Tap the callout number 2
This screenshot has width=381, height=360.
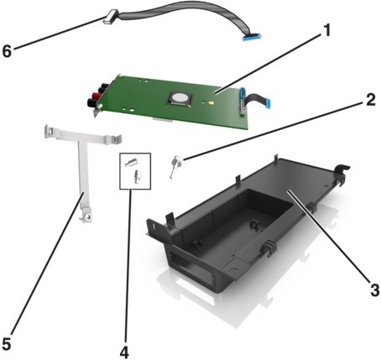tap(370, 100)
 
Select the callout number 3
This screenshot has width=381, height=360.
tap(374, 290)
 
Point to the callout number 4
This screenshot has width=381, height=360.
tap(124, 352)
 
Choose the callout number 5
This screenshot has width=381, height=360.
tap(6, 344)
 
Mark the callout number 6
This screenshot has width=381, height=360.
tap(8, 51)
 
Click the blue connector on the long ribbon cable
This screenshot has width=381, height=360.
tap(251, 37)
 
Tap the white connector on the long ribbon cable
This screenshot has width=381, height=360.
tap(111, 17)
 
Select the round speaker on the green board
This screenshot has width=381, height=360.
tap(180, 98)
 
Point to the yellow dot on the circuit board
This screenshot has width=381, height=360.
tap(211, 102)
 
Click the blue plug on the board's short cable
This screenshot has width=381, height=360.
tap(268, 102)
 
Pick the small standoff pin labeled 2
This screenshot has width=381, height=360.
tap(175, 166)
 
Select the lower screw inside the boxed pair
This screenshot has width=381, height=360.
tap(138, 176)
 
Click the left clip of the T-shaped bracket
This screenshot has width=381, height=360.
tap(50, 132)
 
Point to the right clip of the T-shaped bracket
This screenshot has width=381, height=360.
tap(115, 138)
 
